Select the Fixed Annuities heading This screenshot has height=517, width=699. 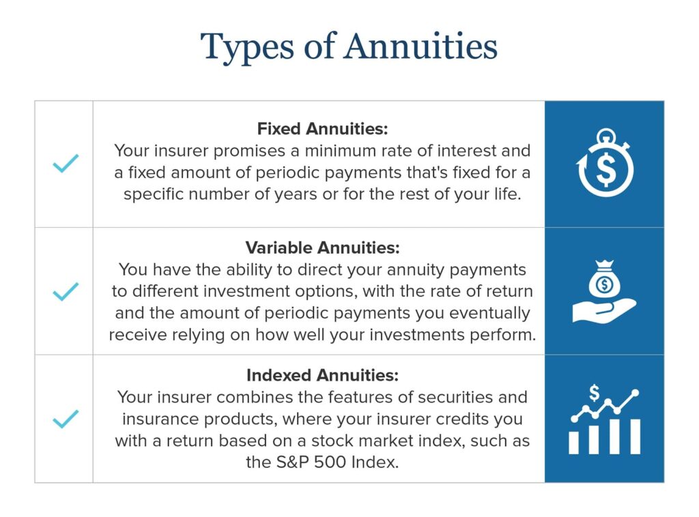pyautogui.click(x=322, y=129)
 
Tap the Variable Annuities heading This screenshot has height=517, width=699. pyautogui.click(x=322, y=247)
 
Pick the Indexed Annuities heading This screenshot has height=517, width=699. pyautogui.click(x=322, y=375)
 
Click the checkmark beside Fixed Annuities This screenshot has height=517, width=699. pyautogui.click(x=66, y=163)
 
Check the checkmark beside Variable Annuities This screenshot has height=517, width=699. pyautogui.click(x=66, y=292)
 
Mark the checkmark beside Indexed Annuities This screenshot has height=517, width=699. pyautogui.click(x=66, y=419)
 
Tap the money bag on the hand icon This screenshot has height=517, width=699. pyautogui.click(x=604, y=282)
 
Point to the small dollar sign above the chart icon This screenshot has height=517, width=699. pyautogui.click(x=595, y=393)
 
